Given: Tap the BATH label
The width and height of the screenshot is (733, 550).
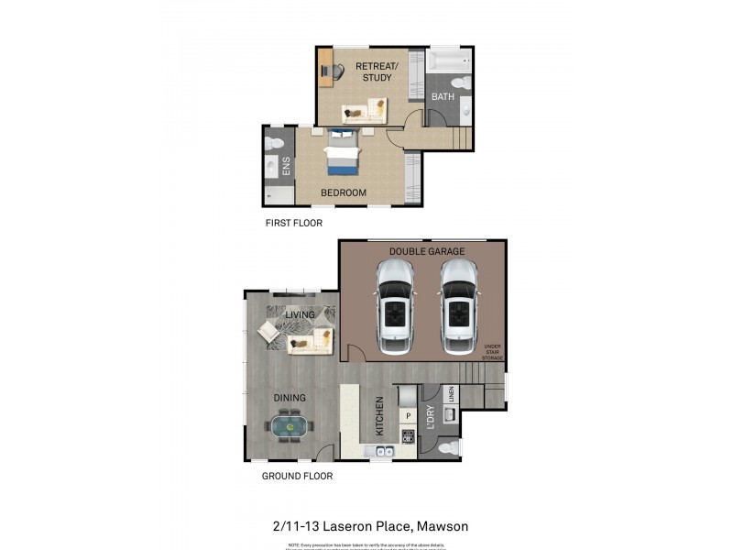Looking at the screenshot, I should point(443,96).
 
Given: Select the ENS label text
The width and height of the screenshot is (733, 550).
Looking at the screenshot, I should point(287,166).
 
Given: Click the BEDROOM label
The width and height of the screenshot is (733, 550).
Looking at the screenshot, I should point(344,192).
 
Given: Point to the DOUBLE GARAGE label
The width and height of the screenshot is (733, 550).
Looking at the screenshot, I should point(427,251).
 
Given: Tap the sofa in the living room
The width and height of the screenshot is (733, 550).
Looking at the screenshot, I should point(311,343).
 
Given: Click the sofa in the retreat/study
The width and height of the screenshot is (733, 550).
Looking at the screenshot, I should point(364,113).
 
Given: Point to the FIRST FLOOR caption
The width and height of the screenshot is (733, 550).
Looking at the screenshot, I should point(293,223).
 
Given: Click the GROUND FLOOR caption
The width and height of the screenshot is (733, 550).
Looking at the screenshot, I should point(297,476).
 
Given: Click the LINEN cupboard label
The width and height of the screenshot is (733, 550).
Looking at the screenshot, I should point(451,394).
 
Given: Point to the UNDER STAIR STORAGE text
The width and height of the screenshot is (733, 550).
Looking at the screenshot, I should point(493,352).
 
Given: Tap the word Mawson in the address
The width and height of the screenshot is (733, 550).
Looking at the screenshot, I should point(445,526).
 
